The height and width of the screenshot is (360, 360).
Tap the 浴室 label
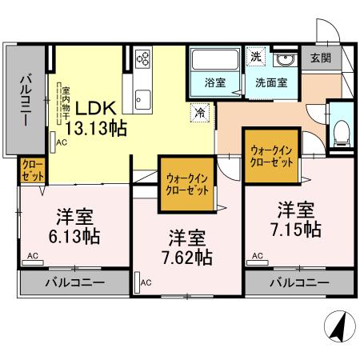tap(214, 81)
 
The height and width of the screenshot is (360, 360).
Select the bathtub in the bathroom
tap(214, 59)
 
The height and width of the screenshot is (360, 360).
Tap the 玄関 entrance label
tap(320, 58)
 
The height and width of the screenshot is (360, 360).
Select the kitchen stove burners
tap(143, 58)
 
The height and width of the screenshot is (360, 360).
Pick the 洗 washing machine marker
tap(254, 57)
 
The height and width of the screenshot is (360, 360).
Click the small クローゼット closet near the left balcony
tap(32, 172)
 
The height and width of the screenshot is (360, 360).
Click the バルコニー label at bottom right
tap(299, 282)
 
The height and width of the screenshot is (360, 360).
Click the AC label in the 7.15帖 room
tap(258, 256)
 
